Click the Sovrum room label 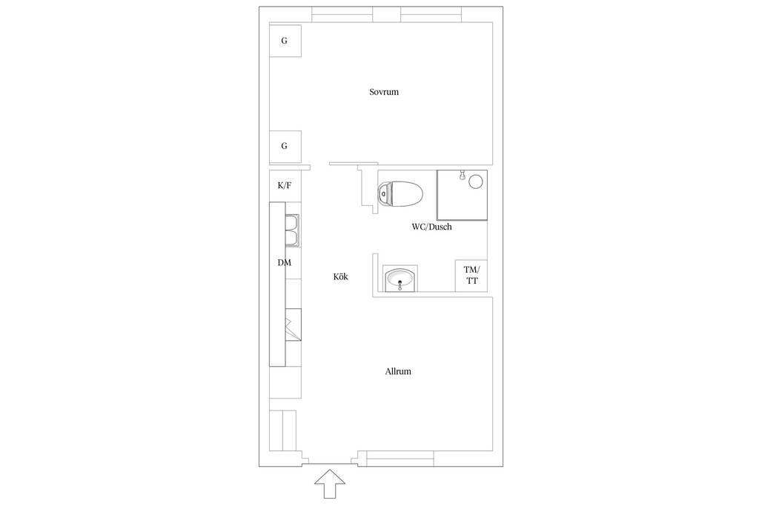384,92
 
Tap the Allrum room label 398,371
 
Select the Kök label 341,276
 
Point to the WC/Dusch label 432,227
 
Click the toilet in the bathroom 400,193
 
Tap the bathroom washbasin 400,279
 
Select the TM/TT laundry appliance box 471,276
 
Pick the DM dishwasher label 285,263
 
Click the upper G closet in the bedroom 285,41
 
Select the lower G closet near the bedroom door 285,146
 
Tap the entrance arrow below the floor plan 330,483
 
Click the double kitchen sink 292,230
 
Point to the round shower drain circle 476,182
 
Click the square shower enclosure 463,195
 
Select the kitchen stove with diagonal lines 294,324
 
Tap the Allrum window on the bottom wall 400,459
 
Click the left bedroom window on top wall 342,15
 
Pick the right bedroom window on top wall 431,15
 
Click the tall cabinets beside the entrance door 282,430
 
